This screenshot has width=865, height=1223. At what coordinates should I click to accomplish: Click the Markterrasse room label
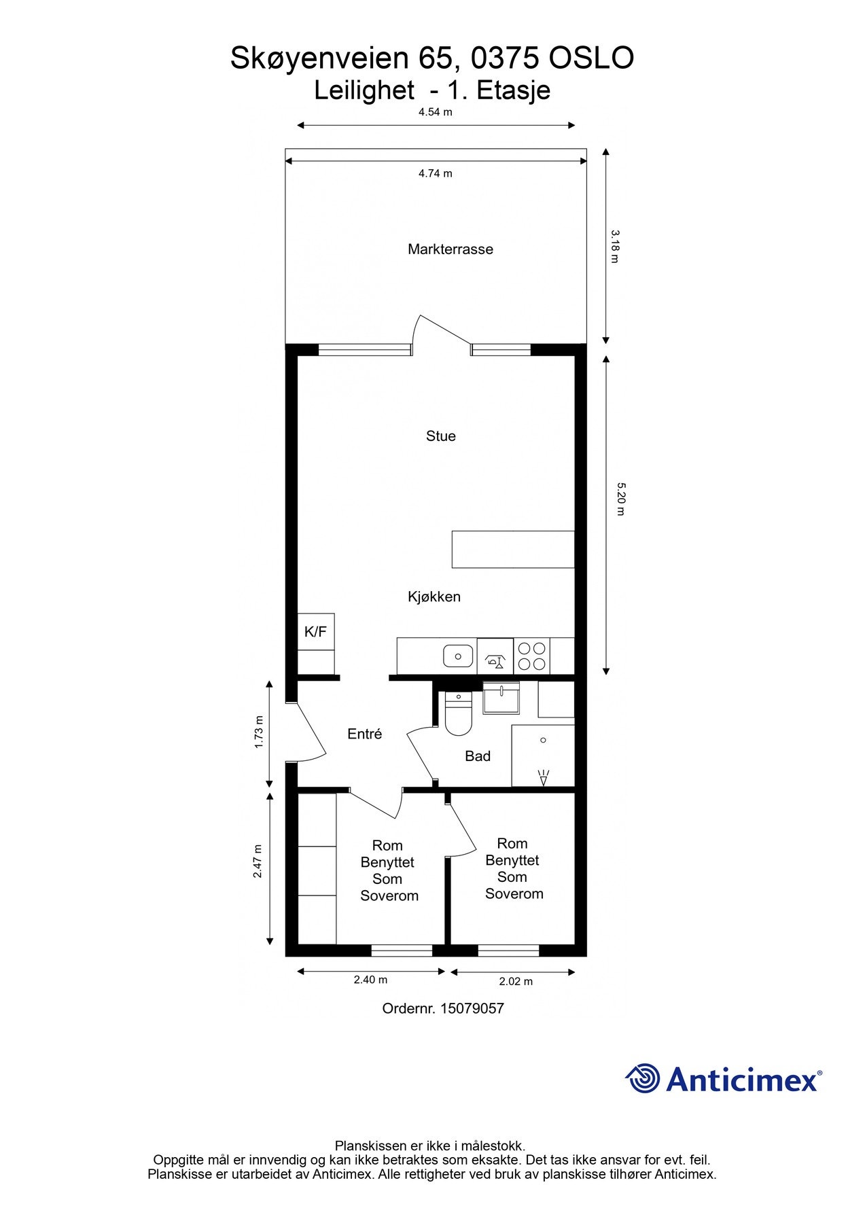(450, 249)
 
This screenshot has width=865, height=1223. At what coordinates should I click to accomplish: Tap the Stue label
(440, 436)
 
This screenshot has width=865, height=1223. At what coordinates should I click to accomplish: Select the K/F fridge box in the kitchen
(315, 632)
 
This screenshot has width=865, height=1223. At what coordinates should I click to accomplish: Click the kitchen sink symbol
(459, 656)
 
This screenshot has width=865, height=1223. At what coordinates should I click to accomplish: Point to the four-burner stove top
(531, 656)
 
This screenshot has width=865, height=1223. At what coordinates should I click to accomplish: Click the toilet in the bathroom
(458, 715)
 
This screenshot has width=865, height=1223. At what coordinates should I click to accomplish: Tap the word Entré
(364, 734)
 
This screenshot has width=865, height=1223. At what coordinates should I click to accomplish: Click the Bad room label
(477, 756)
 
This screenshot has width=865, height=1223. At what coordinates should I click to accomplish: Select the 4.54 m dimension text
(435, 112)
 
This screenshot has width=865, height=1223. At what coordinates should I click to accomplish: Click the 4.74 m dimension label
(435, 173)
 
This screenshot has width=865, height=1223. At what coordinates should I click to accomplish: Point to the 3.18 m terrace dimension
(614, 246)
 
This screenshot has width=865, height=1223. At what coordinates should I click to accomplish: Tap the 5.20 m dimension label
(620, 499)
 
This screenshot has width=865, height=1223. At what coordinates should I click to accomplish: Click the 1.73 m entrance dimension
(259, 732)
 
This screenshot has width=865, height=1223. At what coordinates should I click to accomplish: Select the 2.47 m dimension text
(258, 862)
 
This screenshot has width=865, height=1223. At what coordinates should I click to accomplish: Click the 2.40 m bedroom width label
(370, 980)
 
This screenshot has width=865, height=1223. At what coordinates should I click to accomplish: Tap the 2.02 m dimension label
(516, 981)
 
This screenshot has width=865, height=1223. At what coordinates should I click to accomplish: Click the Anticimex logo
(723, 1079)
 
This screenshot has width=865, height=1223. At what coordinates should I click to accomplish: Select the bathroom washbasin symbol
(501, 699)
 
